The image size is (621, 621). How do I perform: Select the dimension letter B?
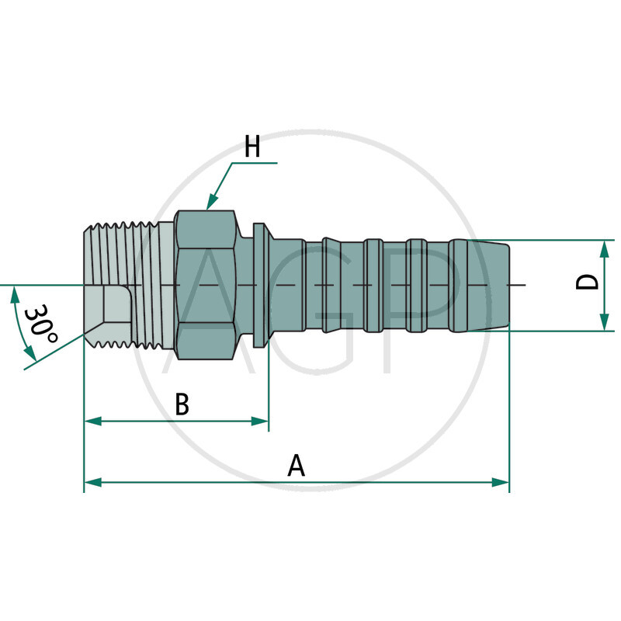click(x=182, y=404)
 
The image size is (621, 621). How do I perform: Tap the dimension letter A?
click(x=297, y=466)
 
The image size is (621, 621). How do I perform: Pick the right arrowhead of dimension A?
click(x=501, y=482)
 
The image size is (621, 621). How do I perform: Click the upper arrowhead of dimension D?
click(x=604, y=247)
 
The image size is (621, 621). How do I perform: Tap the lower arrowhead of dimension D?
click(x=604, y=324)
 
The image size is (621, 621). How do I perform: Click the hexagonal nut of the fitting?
click(x=206, y=284)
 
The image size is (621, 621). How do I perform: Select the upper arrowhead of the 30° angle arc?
click(x=15, y=292)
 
